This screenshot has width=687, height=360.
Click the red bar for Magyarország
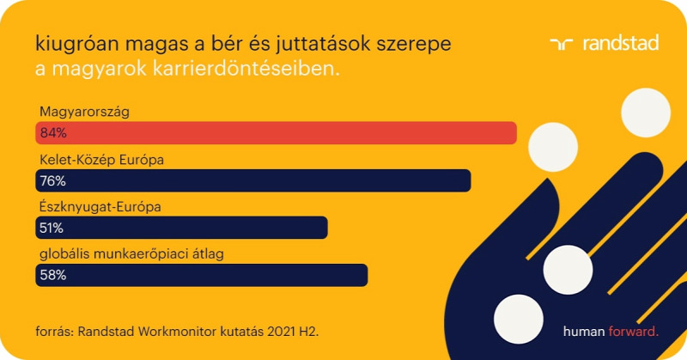tap(276, 133)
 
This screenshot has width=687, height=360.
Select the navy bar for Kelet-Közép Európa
tap(253, 180)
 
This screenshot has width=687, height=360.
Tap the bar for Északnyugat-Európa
tap(181, 228)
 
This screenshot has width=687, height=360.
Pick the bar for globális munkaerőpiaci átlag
tap(202, 275)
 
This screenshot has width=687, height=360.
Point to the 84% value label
tap(53, 133)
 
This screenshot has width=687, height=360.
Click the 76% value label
tap(53, 180)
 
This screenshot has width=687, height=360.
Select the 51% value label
tap(52, 228)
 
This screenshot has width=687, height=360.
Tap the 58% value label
tap(53, 275)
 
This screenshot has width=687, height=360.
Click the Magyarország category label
tap(84, 113)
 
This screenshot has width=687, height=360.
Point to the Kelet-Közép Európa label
tap(101, 160)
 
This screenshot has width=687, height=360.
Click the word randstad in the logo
tap(621, 43)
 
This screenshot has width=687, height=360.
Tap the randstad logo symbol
tap(562, 44)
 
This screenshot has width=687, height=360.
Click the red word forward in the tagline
tap(634, 332)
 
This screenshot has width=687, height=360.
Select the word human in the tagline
tap(584, 332)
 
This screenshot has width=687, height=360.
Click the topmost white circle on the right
tap(646, 113)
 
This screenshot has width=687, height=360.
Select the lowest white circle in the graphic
tap(519, 320)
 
